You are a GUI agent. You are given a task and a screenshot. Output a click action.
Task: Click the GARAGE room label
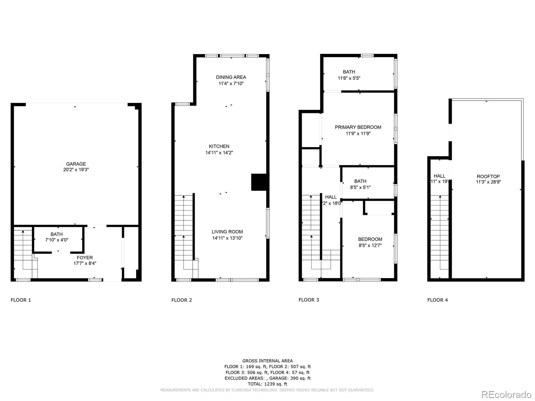point(76,164)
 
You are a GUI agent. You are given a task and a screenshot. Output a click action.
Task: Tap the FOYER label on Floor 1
point(85,258)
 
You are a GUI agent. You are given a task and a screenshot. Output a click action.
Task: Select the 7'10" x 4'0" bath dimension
point(57,240)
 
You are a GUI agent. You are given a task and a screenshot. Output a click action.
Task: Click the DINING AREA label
point(231,77)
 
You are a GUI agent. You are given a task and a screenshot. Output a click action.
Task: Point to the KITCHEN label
point(219,146)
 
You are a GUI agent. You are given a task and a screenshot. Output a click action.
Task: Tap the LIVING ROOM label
point(227,232)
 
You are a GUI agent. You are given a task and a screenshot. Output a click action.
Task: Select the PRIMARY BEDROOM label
point(358,127)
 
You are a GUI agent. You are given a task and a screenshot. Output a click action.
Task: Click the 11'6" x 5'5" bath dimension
point(349,78)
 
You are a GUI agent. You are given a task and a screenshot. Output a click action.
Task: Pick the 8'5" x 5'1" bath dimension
point(360,187)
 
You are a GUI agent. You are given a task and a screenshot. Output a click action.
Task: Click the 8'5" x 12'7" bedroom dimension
point(370,245)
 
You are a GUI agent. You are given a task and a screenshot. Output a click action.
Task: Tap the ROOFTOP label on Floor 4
point(488,176)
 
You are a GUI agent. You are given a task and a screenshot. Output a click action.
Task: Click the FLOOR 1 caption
point(21,300)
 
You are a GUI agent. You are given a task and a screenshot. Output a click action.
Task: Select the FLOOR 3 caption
point(309,300)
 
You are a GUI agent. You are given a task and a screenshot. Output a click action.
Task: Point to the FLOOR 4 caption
point(437,300)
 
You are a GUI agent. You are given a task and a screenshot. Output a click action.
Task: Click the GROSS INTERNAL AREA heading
point(267,361)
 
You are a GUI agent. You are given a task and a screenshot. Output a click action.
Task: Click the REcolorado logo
point(507,394)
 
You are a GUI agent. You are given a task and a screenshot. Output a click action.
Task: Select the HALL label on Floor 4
point(439,176)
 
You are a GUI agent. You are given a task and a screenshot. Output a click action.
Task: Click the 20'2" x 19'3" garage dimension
point(76,170)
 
